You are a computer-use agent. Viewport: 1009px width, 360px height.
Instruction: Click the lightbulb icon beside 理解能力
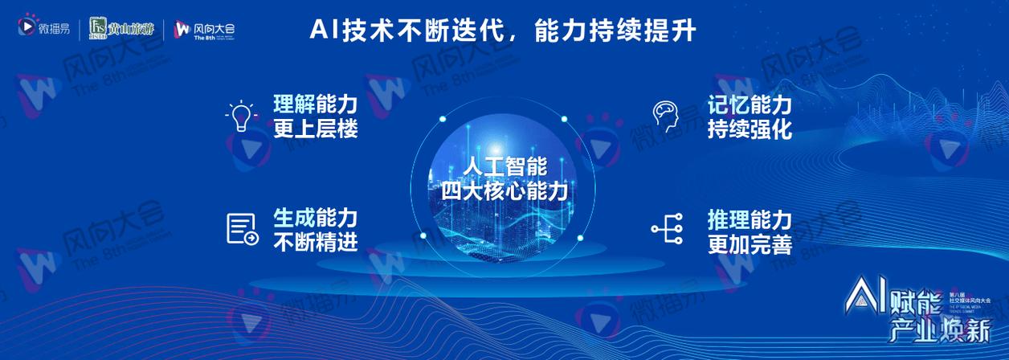(x=240, y=117)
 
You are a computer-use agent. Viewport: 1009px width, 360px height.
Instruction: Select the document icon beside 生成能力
(x=242, y=229)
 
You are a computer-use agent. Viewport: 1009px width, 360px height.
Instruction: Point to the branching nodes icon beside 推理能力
(x=667, y=229)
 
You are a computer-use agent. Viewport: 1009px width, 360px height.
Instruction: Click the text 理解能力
(x=316, y=105)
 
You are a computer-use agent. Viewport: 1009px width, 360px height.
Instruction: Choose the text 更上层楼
(x=316, y=129)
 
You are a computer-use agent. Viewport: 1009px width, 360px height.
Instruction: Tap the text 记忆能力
(x=750, y=105)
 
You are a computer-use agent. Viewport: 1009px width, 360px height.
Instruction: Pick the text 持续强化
(x=750, y=129)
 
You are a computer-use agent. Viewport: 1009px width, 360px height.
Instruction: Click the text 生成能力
(x=316, y=218)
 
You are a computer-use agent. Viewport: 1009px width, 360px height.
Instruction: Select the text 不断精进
(x=316, y=242)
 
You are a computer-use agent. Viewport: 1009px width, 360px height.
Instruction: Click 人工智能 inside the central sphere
(x=504, y=168)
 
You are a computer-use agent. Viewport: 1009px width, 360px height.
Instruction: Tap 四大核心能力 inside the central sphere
(x=504, y=191)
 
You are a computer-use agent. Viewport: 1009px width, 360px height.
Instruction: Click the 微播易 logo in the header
(x=44, y=30)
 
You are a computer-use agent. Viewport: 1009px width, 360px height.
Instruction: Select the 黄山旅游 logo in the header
(x=124, y=29)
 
